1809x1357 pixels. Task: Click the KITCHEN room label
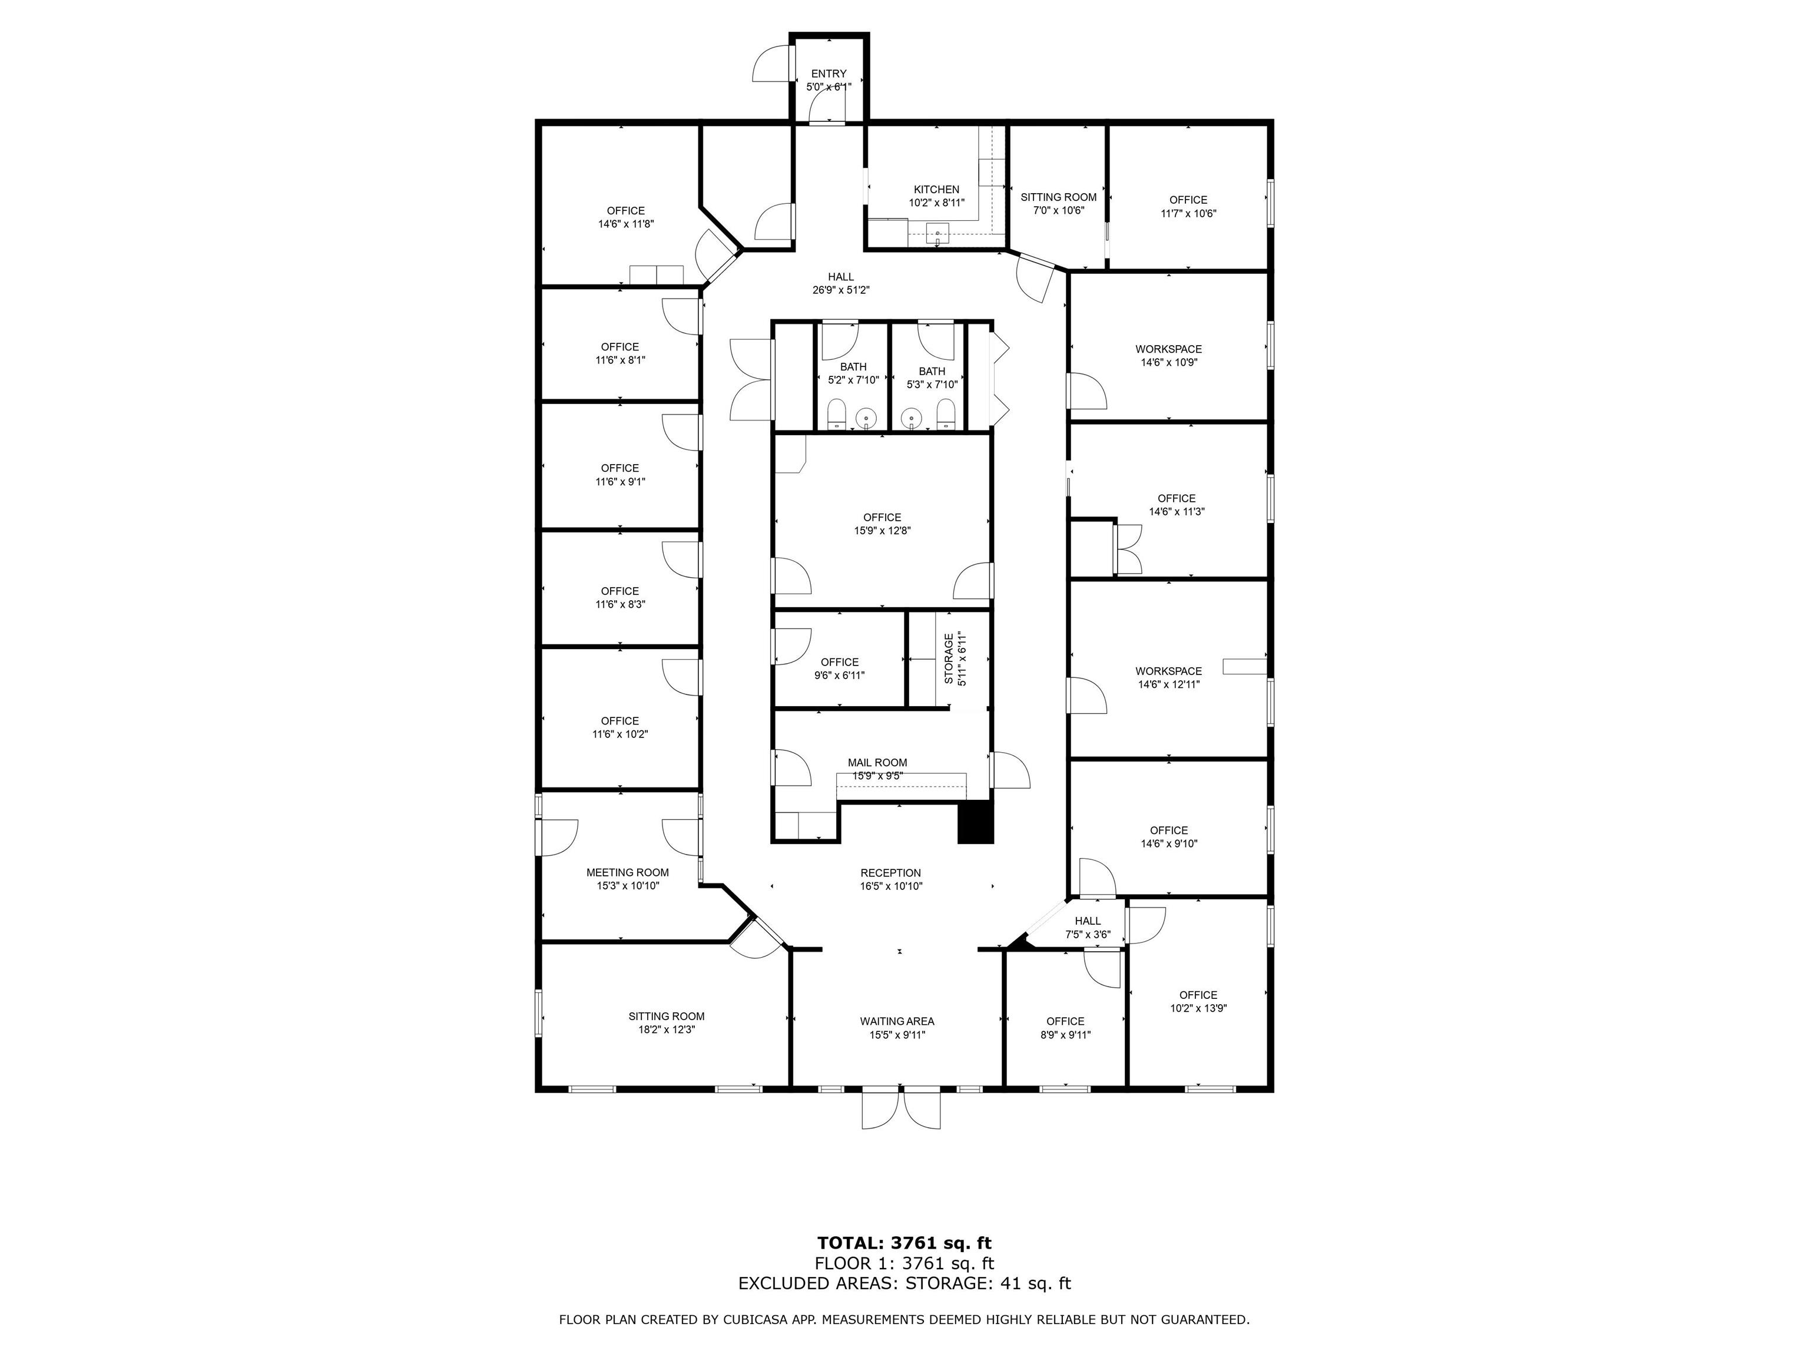point(936,190)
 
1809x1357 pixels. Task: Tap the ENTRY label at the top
point(829,74)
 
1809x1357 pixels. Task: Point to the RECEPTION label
point(890,873)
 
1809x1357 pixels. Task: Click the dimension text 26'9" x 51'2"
point(841,290)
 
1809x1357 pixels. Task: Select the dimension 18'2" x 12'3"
point(667,1030)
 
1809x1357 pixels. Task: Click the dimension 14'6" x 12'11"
point(1169,684)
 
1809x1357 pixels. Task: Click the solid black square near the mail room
point(975,823)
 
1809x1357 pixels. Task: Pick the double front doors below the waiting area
point(904,1109)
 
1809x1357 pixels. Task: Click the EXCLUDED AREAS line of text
point(904,1283)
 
